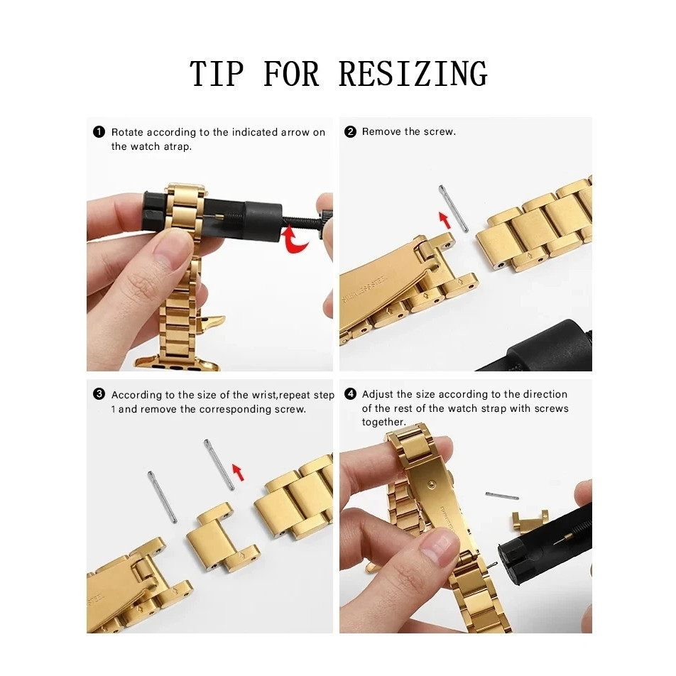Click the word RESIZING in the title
tap(413, 74)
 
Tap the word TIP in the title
tap(217, 74)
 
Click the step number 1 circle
tap(99, 131)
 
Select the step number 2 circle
tap(351, 131)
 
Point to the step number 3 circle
tap(99, 394)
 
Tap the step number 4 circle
tap(351, 394)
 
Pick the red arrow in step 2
tap(445, 220)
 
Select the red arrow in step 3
tap(238, 472)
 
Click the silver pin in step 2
tap(453, 209)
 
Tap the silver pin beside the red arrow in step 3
tap(219, 464)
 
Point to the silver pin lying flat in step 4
tap(502, 496)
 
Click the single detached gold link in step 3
tap(223, 537)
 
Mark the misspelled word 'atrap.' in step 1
tap(178, 146)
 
